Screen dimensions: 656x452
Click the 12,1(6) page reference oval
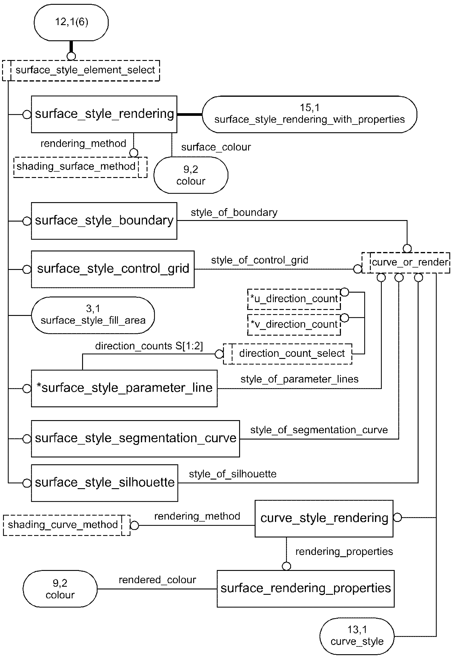point(71,22)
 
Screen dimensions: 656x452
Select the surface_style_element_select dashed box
point(81,70)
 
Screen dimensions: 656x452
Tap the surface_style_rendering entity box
point(104,114)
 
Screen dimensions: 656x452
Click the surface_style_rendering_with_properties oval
point(309,114)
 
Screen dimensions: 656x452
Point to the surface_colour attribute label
point(216,147)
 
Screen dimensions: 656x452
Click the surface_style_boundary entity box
point(104,221)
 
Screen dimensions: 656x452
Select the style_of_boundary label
point(234,213)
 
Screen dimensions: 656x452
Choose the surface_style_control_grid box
point(113,269)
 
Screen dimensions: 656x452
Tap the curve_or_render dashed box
point(405,262)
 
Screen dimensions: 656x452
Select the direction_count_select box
point(288,354)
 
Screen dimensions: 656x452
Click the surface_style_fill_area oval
point(93,315)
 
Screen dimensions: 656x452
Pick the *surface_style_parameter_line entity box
point(124,388)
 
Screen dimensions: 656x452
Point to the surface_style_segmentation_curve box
point(135,438)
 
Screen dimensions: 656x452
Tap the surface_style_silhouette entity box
point(104,483)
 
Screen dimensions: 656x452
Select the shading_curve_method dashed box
point(67,525)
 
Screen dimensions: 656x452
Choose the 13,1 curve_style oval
point(356,636)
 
